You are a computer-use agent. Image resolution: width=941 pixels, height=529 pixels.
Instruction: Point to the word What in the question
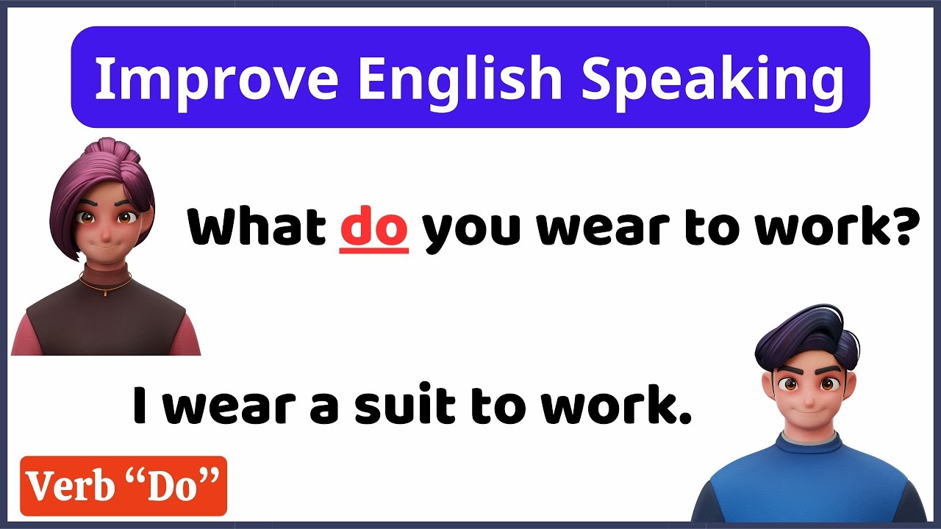257,228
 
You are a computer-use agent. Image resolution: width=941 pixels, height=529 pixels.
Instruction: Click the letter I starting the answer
140,406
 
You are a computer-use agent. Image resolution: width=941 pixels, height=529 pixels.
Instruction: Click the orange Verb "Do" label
123,486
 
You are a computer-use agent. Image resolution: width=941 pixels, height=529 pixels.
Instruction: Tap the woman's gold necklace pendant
104,293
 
